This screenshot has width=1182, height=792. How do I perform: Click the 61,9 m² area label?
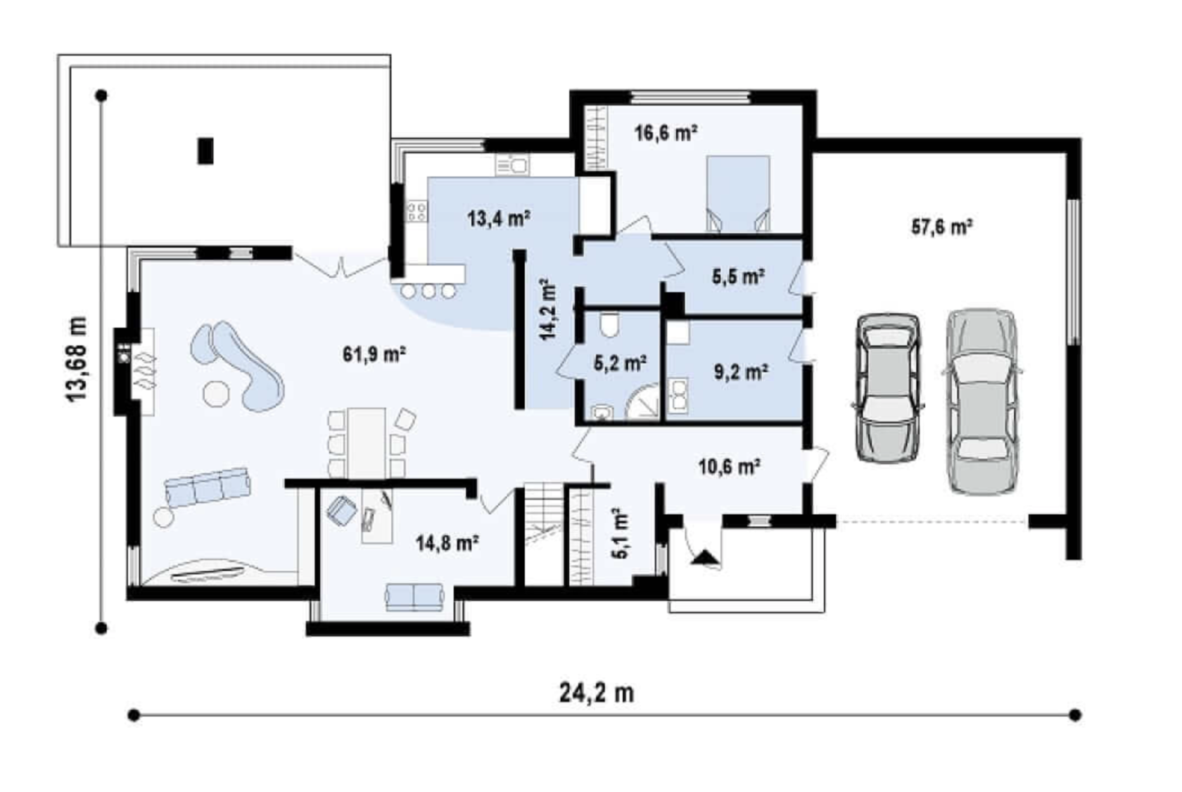(x=374, y=354)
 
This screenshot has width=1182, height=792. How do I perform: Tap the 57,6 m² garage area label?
(x=943, y=227)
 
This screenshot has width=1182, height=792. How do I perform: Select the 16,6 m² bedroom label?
(x=666, y=132)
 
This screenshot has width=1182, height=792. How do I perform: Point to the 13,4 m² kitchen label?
(x=499, y=218)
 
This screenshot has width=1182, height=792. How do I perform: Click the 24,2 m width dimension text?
(x=597, y=693)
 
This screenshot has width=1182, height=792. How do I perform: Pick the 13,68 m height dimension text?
(x=77, y=359)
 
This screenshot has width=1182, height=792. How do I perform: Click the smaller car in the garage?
(x=889, y=388)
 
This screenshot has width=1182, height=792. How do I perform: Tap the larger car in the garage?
(x=982, y=402)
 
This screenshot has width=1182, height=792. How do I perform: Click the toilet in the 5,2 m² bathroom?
(x=610, y=325)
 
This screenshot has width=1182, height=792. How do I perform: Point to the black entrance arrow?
(x=704, y=557)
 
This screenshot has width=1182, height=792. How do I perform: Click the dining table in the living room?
(x=367, y=443)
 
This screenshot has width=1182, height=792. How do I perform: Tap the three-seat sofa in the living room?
(x=208, y=487)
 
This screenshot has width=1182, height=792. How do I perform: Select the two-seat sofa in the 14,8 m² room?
(x=415, y=598)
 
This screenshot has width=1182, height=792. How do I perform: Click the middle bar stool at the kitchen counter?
(x=428, y=291)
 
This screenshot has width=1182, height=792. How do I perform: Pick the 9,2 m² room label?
(x=742, y=372)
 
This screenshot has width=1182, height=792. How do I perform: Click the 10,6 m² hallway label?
(x=729, y=466)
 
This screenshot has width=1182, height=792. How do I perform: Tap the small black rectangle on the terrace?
(x=205, y=151)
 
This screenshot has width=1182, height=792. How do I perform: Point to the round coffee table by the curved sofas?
(x=217, y=394)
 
